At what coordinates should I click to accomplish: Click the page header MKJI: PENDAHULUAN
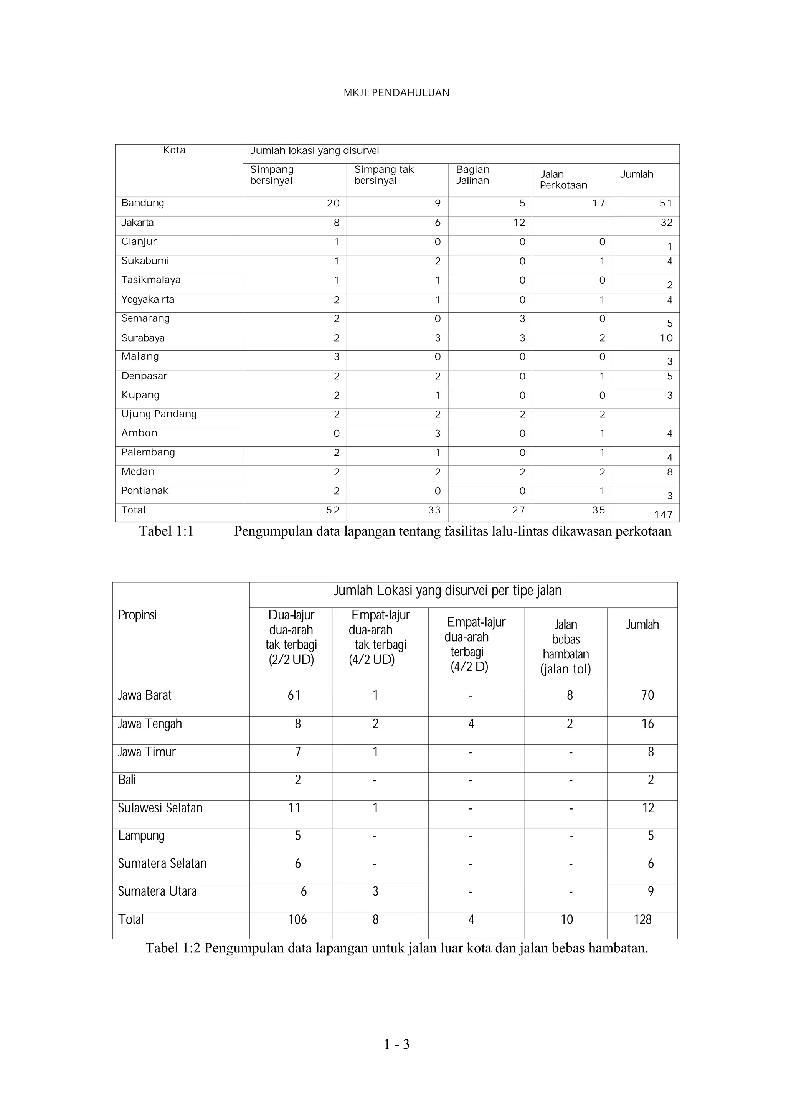click(396, 92)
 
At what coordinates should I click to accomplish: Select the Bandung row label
click(142, 203)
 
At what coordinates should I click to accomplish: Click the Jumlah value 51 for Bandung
click(665, 203)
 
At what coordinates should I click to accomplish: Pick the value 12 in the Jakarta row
click(519, 223)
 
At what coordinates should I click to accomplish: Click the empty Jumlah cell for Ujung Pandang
click(646, 417)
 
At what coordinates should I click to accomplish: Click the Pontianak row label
click(144, 491)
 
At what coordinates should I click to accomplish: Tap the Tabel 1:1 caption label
click(166, 531)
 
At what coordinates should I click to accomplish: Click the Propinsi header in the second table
click(137, 615)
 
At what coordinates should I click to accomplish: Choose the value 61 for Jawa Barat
click(294, 696)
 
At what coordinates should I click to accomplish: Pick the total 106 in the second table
click(297, 920)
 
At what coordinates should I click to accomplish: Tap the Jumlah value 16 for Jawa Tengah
click(647, 724)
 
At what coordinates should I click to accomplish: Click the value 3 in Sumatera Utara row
click(375, 892)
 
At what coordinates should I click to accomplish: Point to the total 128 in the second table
click(642, 920)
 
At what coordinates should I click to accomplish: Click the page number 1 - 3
click(396, 1045)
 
